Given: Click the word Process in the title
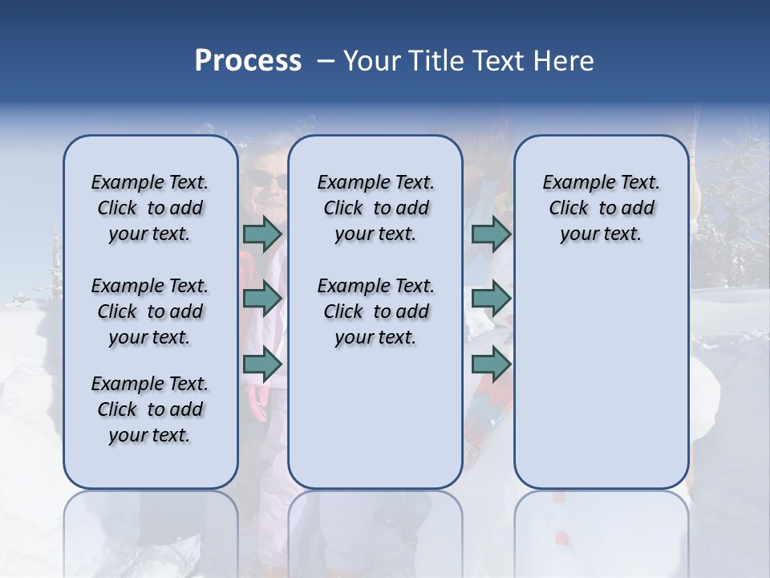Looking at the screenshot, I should point(248,60).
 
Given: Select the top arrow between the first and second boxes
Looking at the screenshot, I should point(262,234).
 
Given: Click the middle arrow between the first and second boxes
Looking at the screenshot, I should point(262,299).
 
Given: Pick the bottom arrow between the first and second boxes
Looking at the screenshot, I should point(262,364).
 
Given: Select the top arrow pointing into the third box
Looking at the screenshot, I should point(491,234).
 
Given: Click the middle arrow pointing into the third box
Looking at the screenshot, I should point(491,299).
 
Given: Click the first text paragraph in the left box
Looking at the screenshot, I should point(150,208).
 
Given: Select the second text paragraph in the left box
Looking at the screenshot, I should point(150,311).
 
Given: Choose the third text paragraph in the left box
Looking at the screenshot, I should point(150,409).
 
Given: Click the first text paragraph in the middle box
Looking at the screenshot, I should point(375,208).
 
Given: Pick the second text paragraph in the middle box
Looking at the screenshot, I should point(375,311).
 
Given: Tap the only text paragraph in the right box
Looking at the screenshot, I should point(601,208).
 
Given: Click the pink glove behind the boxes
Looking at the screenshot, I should point(259,401).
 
